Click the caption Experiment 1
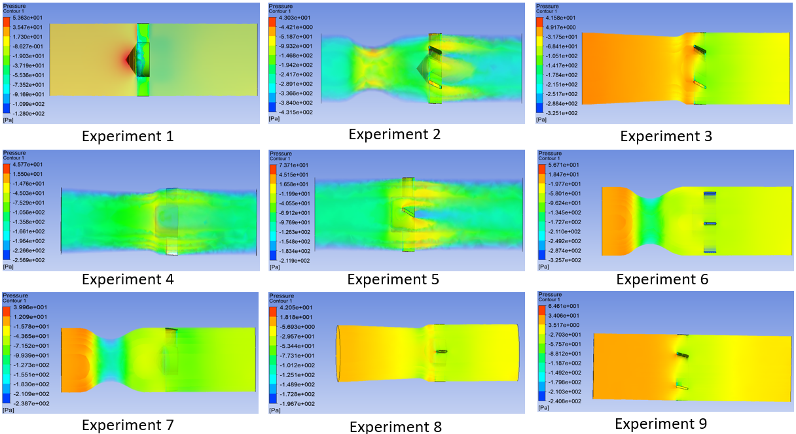point(127,137)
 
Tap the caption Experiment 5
point(393,279)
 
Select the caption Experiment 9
point(660,424)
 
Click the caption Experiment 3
point(666,137)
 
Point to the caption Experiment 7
point(127,425)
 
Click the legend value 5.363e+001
point(27,18)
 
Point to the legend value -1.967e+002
point(295,404)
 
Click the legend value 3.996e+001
point(27,307)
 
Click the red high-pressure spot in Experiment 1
point(128,59)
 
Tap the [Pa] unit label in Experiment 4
point(9,267)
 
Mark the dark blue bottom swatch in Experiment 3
point(540,112)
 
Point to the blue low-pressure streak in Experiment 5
point(432,214)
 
